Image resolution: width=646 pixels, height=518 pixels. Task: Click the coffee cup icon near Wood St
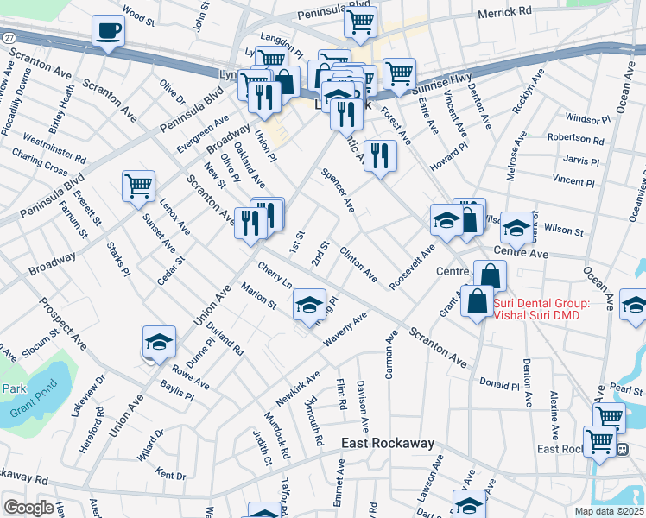pos(108,32)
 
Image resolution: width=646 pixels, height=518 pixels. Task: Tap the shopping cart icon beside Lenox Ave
pos(138,186)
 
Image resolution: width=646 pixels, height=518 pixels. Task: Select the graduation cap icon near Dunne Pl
pos(159,343)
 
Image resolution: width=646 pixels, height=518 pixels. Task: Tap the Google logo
pos(28,508)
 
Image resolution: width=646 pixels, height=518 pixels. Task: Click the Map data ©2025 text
pos(609,511)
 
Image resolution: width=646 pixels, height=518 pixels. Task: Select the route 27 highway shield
pos(8,39)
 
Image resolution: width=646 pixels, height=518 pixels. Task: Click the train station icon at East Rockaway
pos(620,449)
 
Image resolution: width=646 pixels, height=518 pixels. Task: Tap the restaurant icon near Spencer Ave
pos(379,155)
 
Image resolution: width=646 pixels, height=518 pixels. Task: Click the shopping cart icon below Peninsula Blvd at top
pos(360,22)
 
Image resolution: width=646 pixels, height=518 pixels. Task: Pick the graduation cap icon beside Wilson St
pos(516,228)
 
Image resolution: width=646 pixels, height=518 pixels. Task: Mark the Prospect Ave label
pos(60,320)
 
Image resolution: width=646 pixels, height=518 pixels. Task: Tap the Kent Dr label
pos(173,475)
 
